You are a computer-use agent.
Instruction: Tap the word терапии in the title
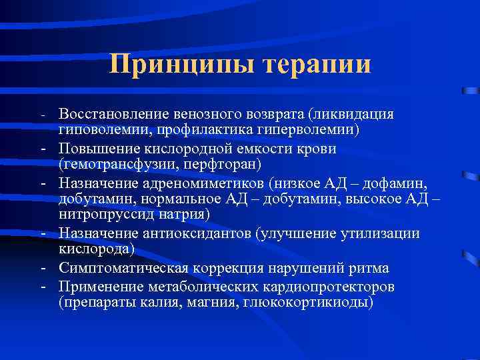[317, 65]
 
